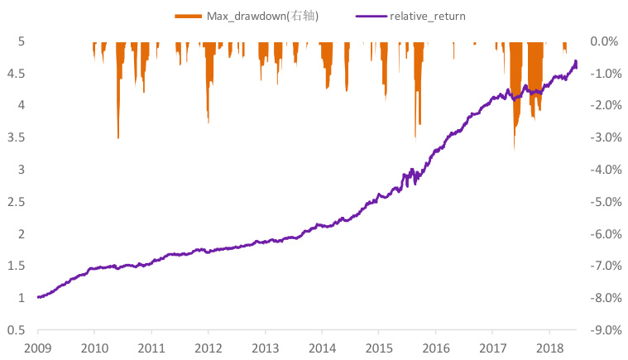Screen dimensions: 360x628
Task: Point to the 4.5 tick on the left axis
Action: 17,73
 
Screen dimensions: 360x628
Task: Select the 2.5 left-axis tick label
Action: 17,201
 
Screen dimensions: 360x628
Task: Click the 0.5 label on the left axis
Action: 17,330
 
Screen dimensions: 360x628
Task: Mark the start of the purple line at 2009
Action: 38,296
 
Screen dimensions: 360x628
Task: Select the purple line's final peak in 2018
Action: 575,61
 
